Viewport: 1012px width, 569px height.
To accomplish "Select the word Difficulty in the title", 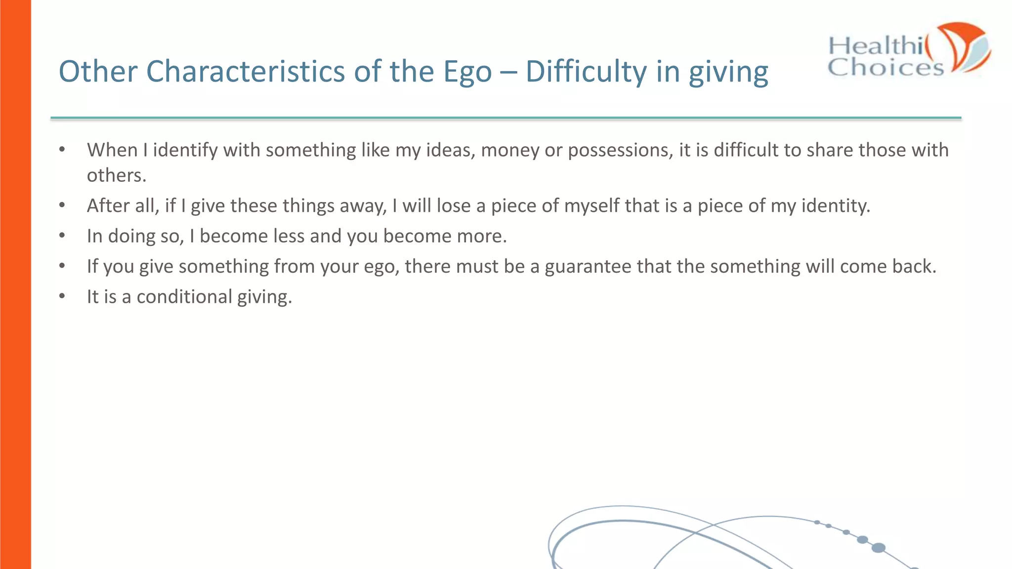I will (586, 72).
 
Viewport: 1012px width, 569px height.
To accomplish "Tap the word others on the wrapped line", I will (116, 175).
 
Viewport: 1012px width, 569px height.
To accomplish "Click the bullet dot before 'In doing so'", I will (62, 236).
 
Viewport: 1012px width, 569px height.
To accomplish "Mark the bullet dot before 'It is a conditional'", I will (62, 296).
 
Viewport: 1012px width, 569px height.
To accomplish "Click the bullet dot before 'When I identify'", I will (62, 149).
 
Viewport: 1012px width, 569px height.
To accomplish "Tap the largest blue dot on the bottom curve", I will (878, 547).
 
